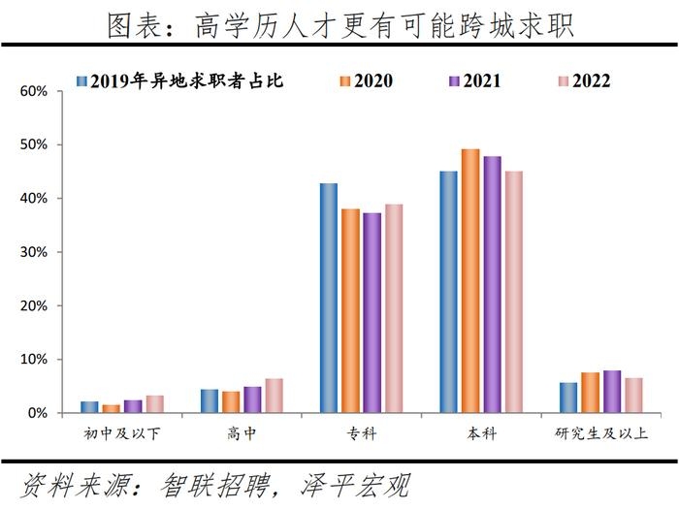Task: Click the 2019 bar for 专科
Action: pos(329,298)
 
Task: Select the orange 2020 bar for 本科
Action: pos(470,281)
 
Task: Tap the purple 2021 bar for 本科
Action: pos(493,284)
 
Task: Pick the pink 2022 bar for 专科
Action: pos(394,308)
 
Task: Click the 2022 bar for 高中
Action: pos(275,396)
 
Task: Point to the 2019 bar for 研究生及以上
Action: pos(567,398)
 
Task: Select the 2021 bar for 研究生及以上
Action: pos(612,392)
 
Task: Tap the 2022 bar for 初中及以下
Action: pos(155,403)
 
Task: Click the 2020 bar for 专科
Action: pos(351,310)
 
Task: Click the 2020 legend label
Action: pos(373,80)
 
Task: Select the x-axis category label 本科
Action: pos(481,433)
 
